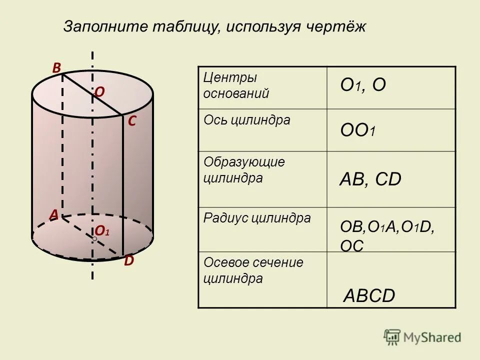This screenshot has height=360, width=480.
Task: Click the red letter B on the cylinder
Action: (x=56, y=67)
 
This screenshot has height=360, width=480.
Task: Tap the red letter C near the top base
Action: (x=132, y=121)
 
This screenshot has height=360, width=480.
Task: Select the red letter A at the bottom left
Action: (x=53, y=214)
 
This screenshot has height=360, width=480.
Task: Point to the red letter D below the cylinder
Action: (x=129, y=260)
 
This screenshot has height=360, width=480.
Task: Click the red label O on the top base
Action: (x=99, y=92)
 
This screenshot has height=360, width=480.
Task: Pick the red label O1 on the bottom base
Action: (x=102, y=230)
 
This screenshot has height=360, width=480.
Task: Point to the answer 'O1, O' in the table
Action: (x=363, y=85)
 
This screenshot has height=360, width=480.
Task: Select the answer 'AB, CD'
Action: (x=370, y=179)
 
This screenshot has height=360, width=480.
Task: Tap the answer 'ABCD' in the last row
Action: (x=369, y=296)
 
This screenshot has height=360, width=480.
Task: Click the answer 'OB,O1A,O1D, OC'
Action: (x=386, y=235)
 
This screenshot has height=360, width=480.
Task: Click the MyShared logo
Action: (x=422, y=337)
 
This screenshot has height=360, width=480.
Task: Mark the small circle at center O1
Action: (x=94, y=239)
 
